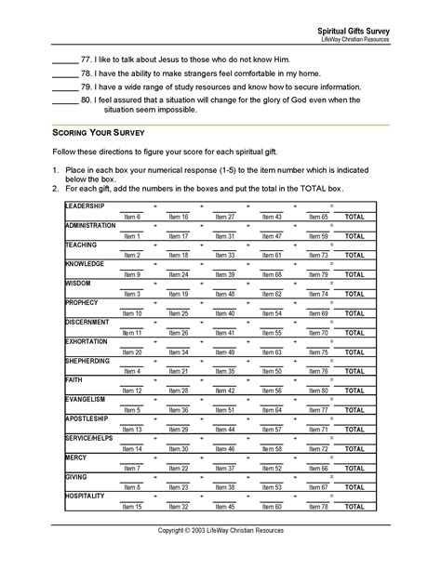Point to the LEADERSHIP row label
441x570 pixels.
tap(85, 205)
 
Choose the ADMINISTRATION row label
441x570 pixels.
tap(90, 225)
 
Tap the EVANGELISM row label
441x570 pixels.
tap(86, 400)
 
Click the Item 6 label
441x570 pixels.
tap(131, 217)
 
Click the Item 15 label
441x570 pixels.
tap(131, 507)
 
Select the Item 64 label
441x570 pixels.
tap(272, 410)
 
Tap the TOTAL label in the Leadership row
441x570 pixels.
tap(354, 217)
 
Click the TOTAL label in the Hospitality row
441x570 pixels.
tap(354, 507)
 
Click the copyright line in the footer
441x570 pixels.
tap(220, 530)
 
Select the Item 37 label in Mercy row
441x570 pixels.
tap(225, 468)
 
